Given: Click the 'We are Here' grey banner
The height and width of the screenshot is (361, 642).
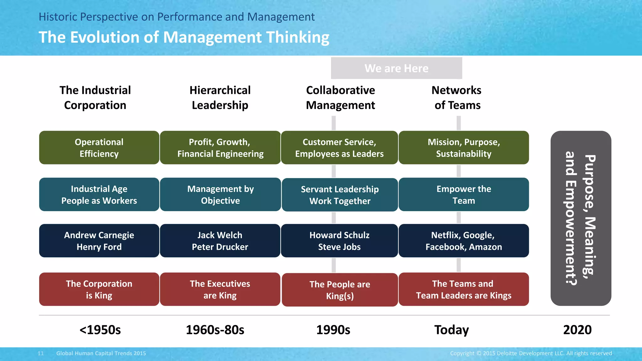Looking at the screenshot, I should click(x=396, y=68).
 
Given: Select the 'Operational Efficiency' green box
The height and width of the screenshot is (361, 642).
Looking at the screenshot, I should click(x=99, y=148).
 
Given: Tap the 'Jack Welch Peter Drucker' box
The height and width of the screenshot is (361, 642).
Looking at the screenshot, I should click(x=220, y=241).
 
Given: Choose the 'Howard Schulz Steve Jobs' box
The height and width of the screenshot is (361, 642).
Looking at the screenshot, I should click(x=339, y=241).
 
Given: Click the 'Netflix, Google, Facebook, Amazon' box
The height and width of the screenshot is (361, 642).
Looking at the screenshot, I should click(x=464, y=241).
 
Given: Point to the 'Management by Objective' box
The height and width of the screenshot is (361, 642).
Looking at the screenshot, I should click(x=220, y=195).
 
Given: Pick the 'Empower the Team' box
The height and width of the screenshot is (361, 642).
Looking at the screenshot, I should click(x=464, y=195).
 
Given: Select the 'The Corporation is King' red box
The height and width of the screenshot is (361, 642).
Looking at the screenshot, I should click(x=99, y=289).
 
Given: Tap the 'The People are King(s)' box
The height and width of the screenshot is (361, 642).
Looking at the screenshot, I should click(x=340, y=290).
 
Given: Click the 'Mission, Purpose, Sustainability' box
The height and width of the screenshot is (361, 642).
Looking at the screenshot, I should click(x=464, y=148).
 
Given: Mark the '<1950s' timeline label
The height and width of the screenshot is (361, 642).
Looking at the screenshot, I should click(x=100, y=330).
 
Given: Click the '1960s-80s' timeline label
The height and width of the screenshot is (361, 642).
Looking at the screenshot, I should click(x=215, y=330).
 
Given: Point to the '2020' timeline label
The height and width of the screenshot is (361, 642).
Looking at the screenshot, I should click(x=577, y=330).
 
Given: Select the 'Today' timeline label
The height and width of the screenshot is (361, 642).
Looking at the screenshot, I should click(x=451, y=330).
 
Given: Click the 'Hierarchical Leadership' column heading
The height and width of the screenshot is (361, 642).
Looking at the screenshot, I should click(x=220, y=97).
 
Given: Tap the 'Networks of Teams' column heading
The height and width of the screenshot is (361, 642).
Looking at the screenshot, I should click(x=457, y=97).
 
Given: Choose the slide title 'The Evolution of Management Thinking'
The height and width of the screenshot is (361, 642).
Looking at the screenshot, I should click(x=184, y=37).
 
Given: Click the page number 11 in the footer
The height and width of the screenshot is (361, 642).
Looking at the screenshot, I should click(x=41, y=353).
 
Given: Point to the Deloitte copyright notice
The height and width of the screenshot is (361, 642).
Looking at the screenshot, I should click(x=531, y=353).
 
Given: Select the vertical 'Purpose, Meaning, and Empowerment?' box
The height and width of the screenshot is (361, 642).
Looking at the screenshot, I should click(x=581, y=218).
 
